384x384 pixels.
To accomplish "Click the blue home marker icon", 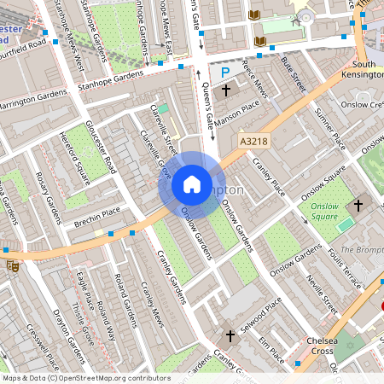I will [x=192, y=184].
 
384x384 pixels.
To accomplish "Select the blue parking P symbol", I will [x=226, y=74].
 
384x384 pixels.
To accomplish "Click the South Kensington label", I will [x=364, y=71].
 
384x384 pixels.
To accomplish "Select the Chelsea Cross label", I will [x=311, y=347].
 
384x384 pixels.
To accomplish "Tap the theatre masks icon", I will [x=12, y=265].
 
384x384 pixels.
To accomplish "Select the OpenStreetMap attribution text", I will [x=86, y=377].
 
